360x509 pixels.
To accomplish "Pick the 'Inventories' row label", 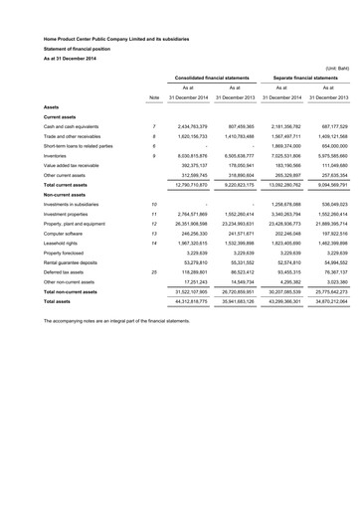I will (35, 173).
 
